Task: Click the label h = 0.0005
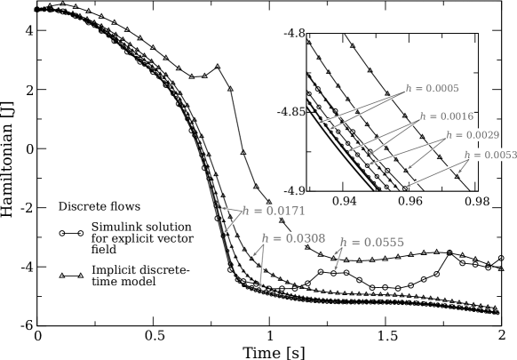(430, 89)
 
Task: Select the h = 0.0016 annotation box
(447, 116)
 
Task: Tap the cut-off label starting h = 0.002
(470, 135)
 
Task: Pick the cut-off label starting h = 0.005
(489, 155)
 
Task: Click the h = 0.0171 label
(273, 211)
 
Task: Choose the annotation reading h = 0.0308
(293, 238)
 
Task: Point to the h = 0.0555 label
(371, 242)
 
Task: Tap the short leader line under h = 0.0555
(338, 258)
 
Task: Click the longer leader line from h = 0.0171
(233, 222)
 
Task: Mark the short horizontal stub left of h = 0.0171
(231, 210)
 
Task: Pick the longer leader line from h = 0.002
(407, 150)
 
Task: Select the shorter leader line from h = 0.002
(426, 153)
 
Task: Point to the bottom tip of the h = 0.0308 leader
(260, 287)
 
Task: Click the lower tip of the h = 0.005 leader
(408, 186)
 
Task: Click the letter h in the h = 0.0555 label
(344, 243)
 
